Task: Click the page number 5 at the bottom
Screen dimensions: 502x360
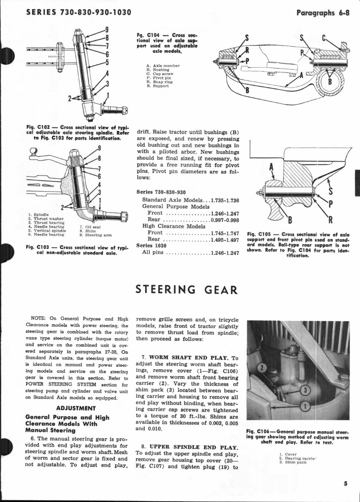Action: [x=346, y=484]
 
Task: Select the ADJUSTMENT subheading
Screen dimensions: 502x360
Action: [x=76, y=408]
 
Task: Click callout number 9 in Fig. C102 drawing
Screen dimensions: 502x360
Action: [x=107, y=30]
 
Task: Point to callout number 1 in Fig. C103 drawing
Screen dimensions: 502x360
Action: [x=100, y=200]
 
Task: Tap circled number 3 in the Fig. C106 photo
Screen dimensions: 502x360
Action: [x=305, y=390]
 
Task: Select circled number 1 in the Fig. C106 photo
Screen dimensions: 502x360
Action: [x=305, y=405]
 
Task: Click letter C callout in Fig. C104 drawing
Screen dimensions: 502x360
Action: [x=324, y=38]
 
